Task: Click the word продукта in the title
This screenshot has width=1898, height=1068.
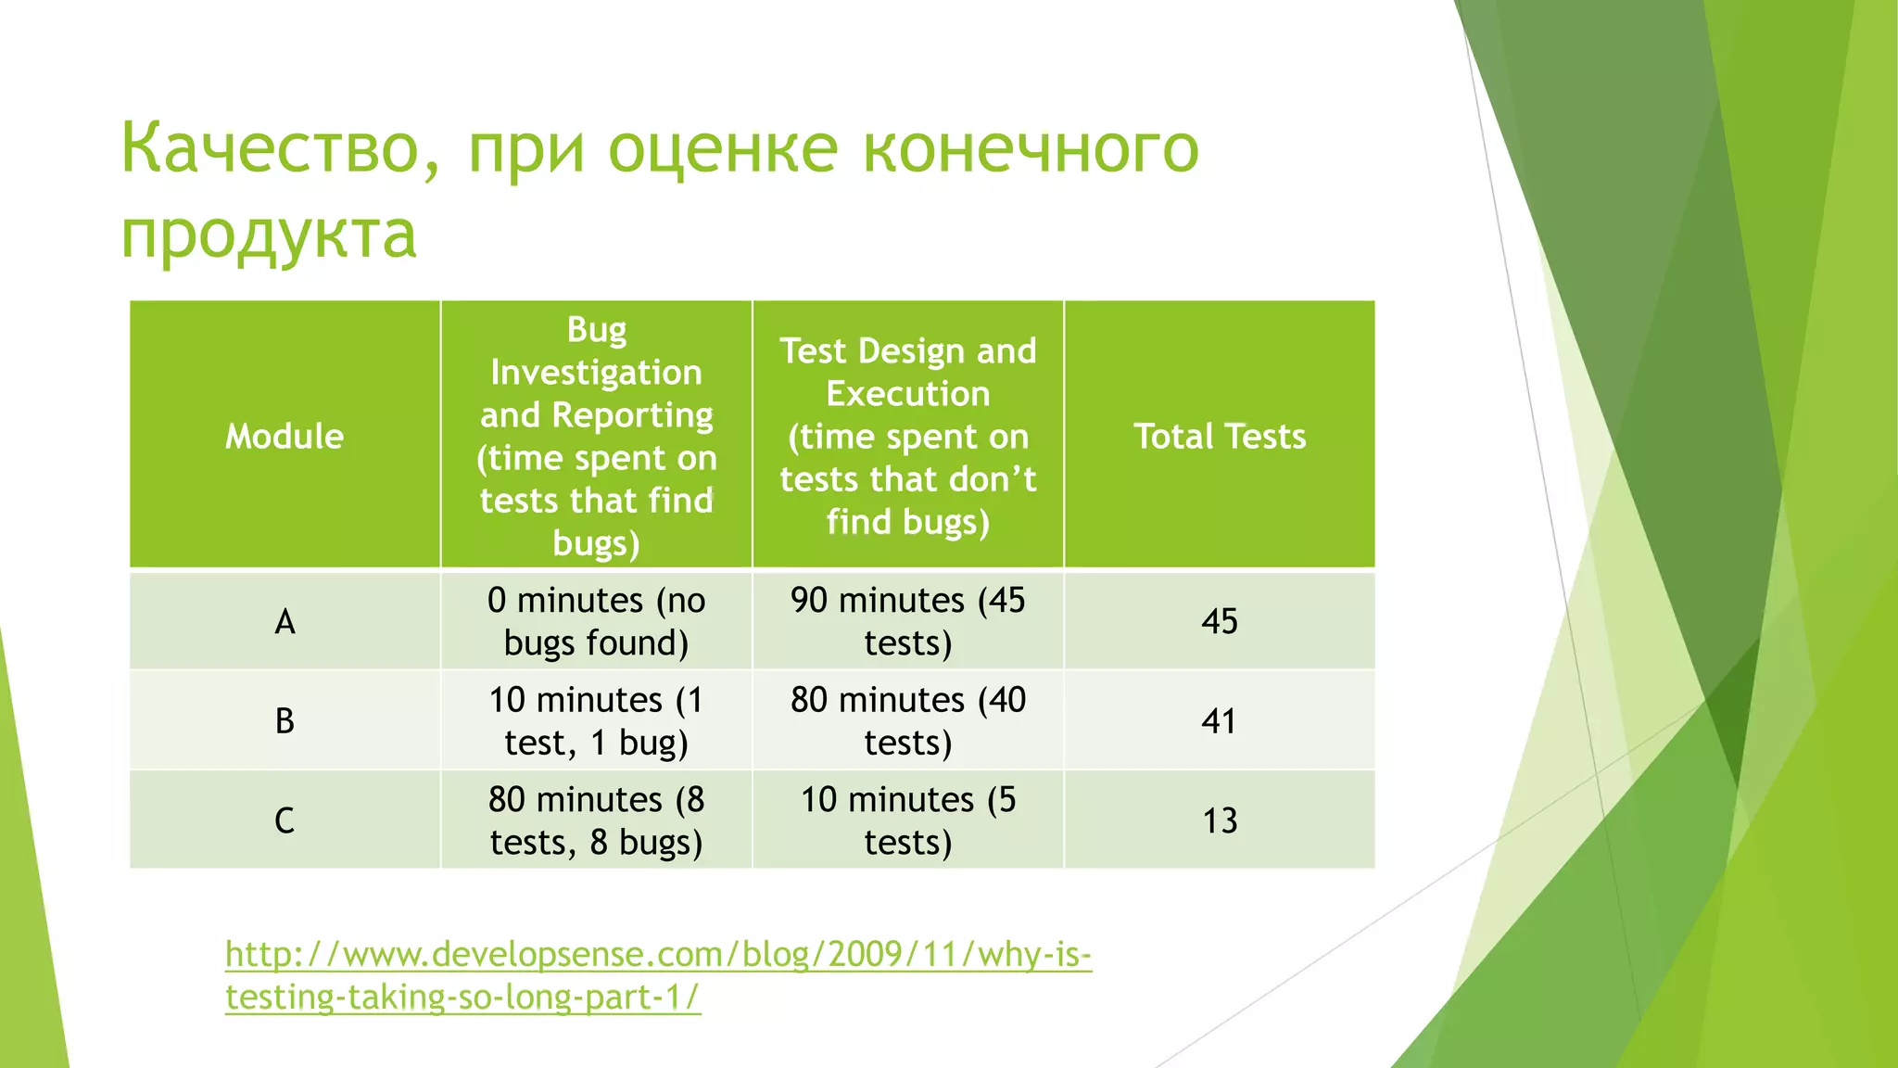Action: (269, 234)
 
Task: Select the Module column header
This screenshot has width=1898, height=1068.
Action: (285, 436)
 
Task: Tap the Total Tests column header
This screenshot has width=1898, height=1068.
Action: (1219, 436)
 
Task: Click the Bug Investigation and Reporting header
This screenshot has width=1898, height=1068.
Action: (596, 436)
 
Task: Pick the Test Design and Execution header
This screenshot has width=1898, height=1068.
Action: (907, 436)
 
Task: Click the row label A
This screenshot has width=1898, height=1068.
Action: (285, 621)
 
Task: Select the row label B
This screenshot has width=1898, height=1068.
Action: (285, 720)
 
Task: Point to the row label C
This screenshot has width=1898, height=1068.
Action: (285, 820)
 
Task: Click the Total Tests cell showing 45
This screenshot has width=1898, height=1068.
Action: (1219, 621)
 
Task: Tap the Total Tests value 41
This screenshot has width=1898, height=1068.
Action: (1219, 720)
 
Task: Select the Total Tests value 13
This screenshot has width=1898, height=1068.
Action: (1219, 820)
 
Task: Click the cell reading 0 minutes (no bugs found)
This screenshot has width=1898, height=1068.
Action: (596, 621)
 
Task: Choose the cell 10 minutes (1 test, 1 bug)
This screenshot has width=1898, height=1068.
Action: (596, 720)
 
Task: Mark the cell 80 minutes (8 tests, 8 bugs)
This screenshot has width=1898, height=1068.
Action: (596, 820)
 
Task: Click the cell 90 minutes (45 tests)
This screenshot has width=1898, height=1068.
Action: (907, 621)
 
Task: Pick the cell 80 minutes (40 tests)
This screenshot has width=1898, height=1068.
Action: (907, 720)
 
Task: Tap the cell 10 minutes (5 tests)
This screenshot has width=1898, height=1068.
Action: (907, 820)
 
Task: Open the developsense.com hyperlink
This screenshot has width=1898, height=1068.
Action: (658, 955)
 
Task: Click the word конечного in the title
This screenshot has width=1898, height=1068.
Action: (1031, 148)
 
